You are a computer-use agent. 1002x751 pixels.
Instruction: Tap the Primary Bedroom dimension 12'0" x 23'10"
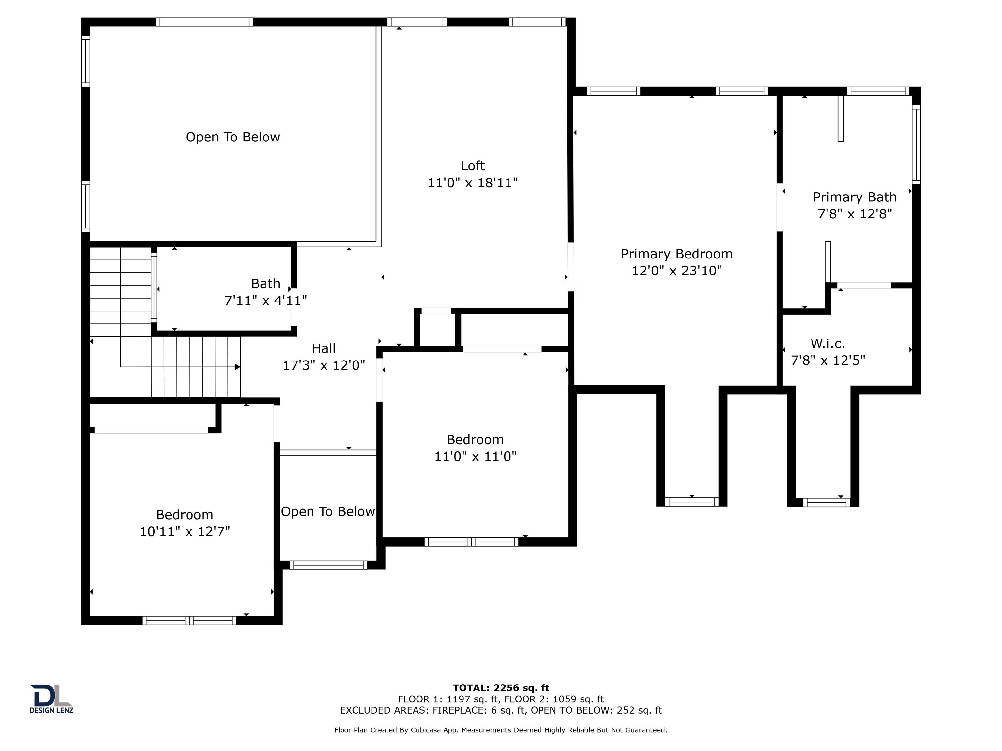(676, 271)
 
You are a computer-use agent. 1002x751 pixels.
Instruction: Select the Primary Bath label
(854, 198)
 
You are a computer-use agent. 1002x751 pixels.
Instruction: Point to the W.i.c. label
(827, 344)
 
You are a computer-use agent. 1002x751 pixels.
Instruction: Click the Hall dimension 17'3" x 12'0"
(324, 365)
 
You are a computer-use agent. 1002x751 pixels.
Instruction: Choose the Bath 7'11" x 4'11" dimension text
(266, 300)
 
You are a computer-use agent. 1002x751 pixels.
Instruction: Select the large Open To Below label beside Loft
(232, 137)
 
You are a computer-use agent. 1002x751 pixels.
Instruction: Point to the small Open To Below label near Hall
(327, 511)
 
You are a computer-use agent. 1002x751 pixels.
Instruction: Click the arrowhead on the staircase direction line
(237, 367)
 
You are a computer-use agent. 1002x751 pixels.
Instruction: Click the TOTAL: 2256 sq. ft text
(501, 688)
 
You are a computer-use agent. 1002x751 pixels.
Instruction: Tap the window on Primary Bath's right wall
(916, 144)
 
